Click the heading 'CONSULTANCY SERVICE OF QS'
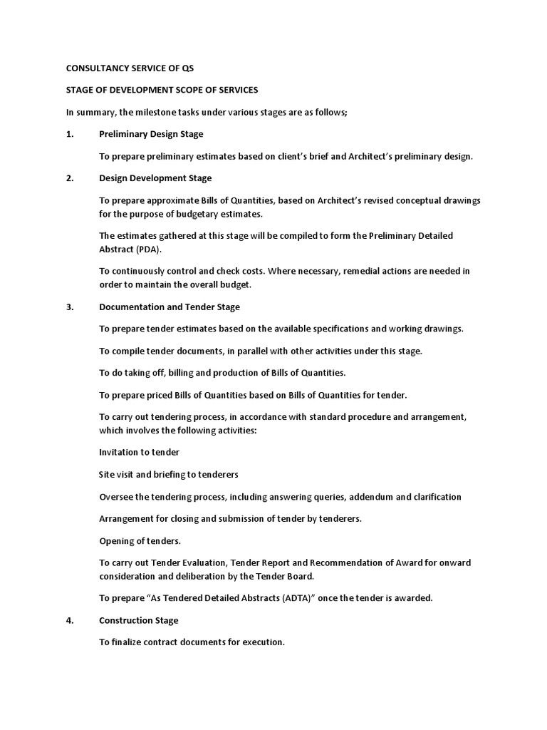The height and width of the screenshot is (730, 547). [130, 68]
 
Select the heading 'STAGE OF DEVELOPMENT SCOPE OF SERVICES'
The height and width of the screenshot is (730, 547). [162, 91]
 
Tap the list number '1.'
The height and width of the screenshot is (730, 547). [70, 134]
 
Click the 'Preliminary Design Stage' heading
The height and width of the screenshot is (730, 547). [151, 134]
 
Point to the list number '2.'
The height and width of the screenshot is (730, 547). [70, 178]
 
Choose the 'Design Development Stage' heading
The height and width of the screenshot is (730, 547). [155, 178]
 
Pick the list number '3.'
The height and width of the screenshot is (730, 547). [70, 307]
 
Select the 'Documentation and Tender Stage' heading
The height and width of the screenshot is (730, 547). [170, 307]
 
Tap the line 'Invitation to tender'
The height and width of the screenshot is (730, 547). [139, 452]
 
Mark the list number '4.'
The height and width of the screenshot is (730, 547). [70, 620]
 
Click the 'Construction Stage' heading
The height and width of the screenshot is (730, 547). [139, 620]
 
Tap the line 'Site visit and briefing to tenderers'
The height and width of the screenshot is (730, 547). [168, 474]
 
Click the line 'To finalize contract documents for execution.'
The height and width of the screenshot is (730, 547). [192, 642]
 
